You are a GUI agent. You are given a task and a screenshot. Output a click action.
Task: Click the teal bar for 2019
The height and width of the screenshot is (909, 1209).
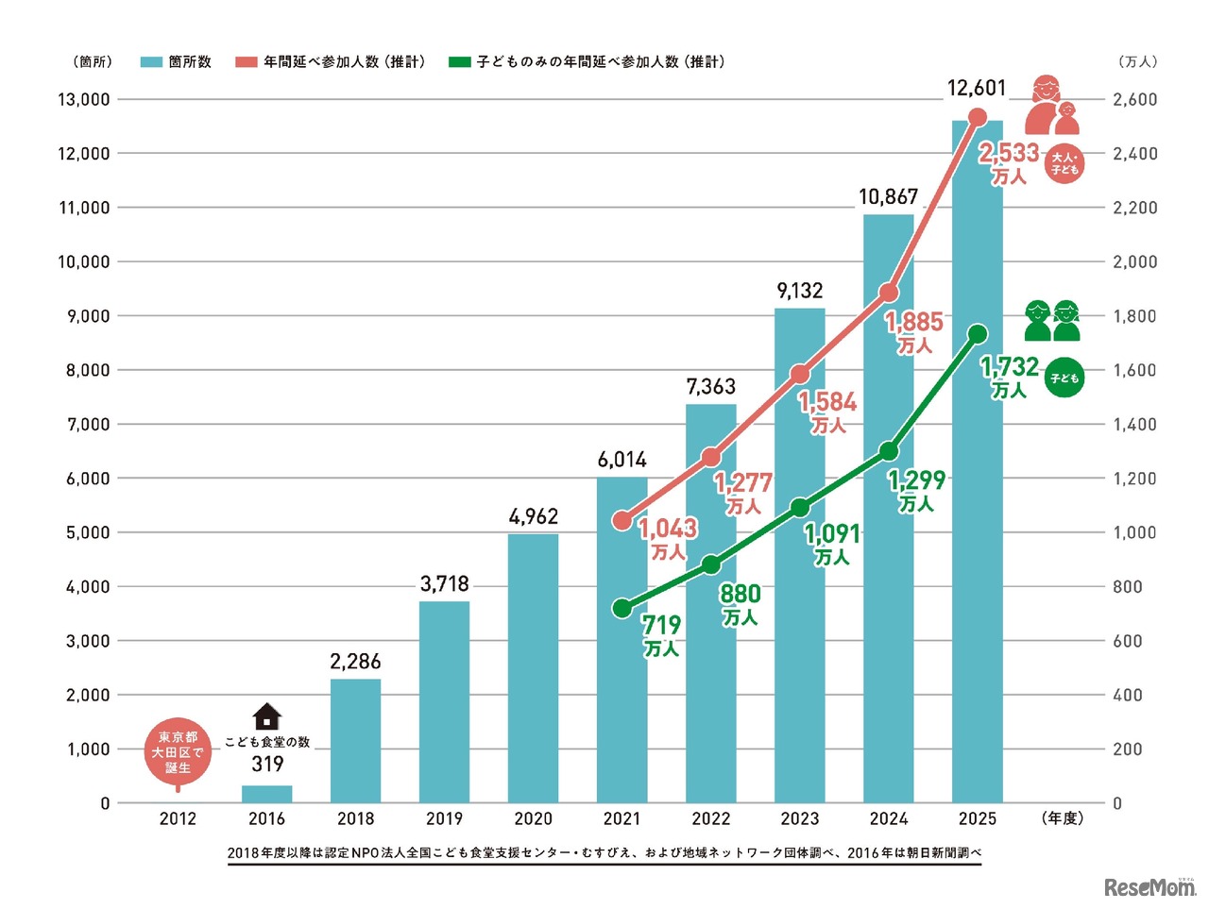[444, 702]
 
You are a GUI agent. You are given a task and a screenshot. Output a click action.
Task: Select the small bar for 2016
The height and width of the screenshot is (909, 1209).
[267, 794]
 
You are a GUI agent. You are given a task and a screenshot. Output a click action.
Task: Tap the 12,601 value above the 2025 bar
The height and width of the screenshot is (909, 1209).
[977, 88]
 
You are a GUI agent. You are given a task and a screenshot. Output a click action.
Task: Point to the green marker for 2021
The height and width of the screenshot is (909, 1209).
[622, 608]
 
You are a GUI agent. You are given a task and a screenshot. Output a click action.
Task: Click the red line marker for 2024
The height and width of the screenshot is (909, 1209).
[888, 293]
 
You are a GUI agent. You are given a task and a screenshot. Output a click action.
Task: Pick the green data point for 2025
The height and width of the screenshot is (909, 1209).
[978, 334]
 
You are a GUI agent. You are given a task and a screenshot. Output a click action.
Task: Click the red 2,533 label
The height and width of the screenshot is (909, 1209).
[1008, 153]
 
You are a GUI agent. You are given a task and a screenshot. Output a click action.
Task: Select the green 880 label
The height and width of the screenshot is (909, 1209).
[740, 594]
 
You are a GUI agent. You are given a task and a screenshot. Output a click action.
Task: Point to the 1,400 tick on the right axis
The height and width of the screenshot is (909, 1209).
[1134, 425]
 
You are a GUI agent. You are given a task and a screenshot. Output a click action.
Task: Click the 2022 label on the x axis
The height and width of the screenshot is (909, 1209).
[710, 818]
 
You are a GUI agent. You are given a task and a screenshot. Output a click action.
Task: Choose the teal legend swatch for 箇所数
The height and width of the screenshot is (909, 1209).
[151, 62]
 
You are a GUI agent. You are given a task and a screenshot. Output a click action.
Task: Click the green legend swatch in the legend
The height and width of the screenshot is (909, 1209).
[459, 62]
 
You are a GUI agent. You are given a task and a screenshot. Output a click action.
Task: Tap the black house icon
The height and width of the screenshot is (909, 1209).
[267, 716]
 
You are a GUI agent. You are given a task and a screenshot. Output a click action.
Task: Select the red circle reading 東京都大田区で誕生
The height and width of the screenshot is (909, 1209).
[178, 752]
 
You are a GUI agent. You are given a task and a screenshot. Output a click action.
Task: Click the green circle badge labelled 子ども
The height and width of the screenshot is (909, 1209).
[1064, 379]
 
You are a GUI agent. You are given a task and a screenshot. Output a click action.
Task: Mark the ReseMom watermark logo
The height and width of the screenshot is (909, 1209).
[1149, 887]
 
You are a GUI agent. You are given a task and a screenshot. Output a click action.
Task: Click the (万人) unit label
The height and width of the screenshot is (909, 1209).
[1137, 62]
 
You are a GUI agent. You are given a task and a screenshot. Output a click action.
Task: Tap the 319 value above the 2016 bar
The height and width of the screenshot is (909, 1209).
[267, 765]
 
